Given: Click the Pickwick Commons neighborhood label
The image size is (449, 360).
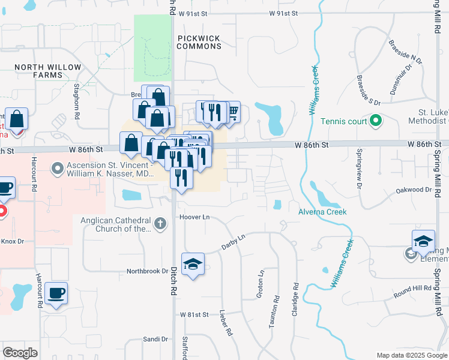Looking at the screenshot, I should pyautogui.click(x=199, y=41).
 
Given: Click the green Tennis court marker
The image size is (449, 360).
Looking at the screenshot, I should pyautogui.click(x=376, y=121).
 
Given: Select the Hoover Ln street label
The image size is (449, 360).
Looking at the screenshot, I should pyautogui.click(x=193, y=216).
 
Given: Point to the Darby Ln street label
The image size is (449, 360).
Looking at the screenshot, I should pyautogui.click(x=234, y=241).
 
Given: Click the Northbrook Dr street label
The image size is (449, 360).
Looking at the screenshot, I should pyautogui.click(x=148, y=271).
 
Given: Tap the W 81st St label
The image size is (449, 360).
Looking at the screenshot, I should pyautogui.click(x=193, y=314).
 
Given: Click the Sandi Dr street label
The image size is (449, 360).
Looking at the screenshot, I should pyautogui.click(x=155, y=339).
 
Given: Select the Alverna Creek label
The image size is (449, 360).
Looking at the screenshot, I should pyautogui.click(x=322, y=212).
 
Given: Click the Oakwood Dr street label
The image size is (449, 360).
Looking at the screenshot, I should pyautogui.click(x=414, y=190).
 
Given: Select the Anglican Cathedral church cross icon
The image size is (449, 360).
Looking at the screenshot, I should pyautogui.click(x=160, y=224).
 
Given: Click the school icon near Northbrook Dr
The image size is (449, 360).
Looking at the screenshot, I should pyautogui.click(x=193, y=264).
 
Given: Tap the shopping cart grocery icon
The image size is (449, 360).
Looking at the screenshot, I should pyautogui.click(x=232, y=111).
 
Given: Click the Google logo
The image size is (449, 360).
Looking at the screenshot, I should pyautogui.click(x=20, y=352).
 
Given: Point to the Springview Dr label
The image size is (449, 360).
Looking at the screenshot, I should pyautogui.click(x=360, y=170).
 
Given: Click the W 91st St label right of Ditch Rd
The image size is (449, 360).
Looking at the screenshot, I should pyautogui.click(x=283, y=13).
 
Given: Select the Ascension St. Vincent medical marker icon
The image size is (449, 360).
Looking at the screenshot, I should pyautogui.click(x=58, y=169).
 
